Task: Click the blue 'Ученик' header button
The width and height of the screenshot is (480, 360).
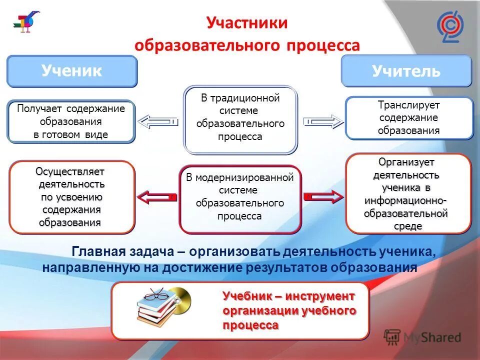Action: (71, 71)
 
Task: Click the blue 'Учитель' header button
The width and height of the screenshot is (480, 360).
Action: (406, 71)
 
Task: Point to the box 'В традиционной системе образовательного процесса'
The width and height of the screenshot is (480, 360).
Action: (240, 119)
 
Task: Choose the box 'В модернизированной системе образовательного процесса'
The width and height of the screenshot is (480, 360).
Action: (240, 198)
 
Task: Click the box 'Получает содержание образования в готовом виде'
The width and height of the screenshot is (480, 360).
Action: (70, 121)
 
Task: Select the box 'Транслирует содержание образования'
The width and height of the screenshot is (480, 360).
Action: (408, 118)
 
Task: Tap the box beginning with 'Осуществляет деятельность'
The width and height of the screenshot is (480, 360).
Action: (71, 197)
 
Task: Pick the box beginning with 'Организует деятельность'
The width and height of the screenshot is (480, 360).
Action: (408, 193)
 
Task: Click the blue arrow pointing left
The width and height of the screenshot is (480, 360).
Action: (157, 121)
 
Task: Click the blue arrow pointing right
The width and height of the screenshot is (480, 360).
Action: (323, 121)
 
